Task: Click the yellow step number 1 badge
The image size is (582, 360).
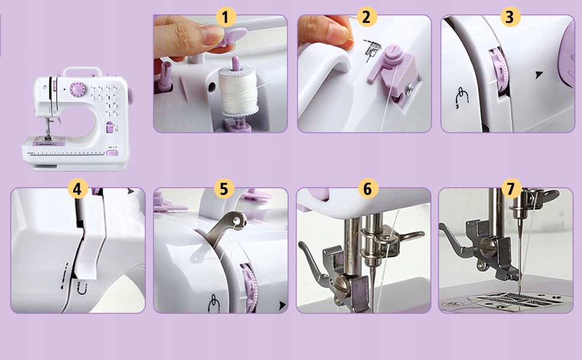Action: coord(226,17)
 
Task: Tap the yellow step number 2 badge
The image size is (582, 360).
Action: coord(367,17)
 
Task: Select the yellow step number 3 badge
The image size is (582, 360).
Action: coord(510,17)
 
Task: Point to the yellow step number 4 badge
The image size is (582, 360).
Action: coord(77,189)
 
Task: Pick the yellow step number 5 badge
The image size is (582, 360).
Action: coord(224,188)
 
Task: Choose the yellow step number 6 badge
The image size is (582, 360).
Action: coord(368,188)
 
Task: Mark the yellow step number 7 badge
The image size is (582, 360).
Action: coord(511,188)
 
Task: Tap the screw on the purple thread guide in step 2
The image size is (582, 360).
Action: coord(410,88)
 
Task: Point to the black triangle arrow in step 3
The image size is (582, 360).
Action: coord(539,75)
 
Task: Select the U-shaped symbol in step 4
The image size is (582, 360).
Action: coord(81,289)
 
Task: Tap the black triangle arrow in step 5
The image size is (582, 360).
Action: coord(283,305)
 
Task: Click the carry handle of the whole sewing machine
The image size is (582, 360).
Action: coord(82,71)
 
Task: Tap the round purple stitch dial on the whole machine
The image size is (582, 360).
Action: coord(78,89)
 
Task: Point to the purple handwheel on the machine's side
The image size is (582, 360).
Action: coord(131,95)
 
